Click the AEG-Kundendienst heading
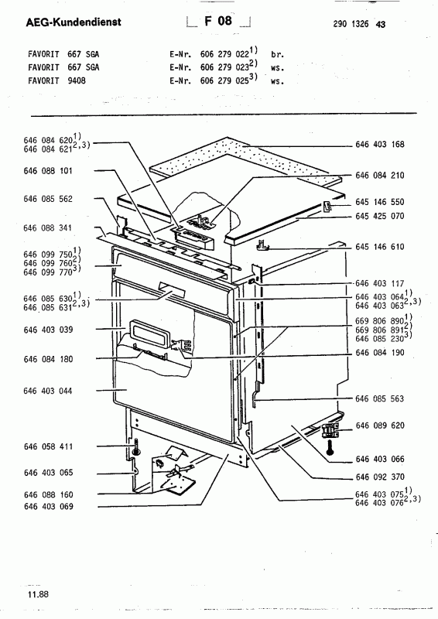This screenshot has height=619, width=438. (74, 22)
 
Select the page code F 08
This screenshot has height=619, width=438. (218, 21)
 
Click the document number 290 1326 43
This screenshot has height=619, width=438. (359, 24)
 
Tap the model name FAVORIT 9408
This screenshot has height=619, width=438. (56, 80)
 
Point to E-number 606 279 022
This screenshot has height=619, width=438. (224, 54)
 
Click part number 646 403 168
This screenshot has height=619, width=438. (380, 145)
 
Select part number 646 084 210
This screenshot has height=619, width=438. (380, 176)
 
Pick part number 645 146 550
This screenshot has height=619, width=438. (380, 202)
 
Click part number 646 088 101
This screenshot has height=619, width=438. (48, 171)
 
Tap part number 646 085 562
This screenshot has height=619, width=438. (48, 199)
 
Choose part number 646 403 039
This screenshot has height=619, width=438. (48, 330)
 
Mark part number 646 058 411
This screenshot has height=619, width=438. (48, 446)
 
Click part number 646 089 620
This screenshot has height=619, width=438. (380, 426)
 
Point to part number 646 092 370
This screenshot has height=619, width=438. (380, 477)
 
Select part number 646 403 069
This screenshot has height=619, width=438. (48, 507)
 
